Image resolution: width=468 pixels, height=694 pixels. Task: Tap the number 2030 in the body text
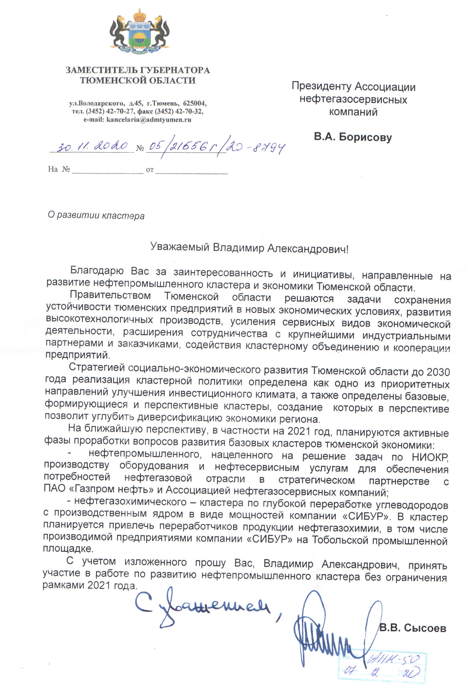click(x=438, y=372)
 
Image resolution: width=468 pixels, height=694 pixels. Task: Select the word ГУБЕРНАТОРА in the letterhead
click(x=175, y=70)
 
